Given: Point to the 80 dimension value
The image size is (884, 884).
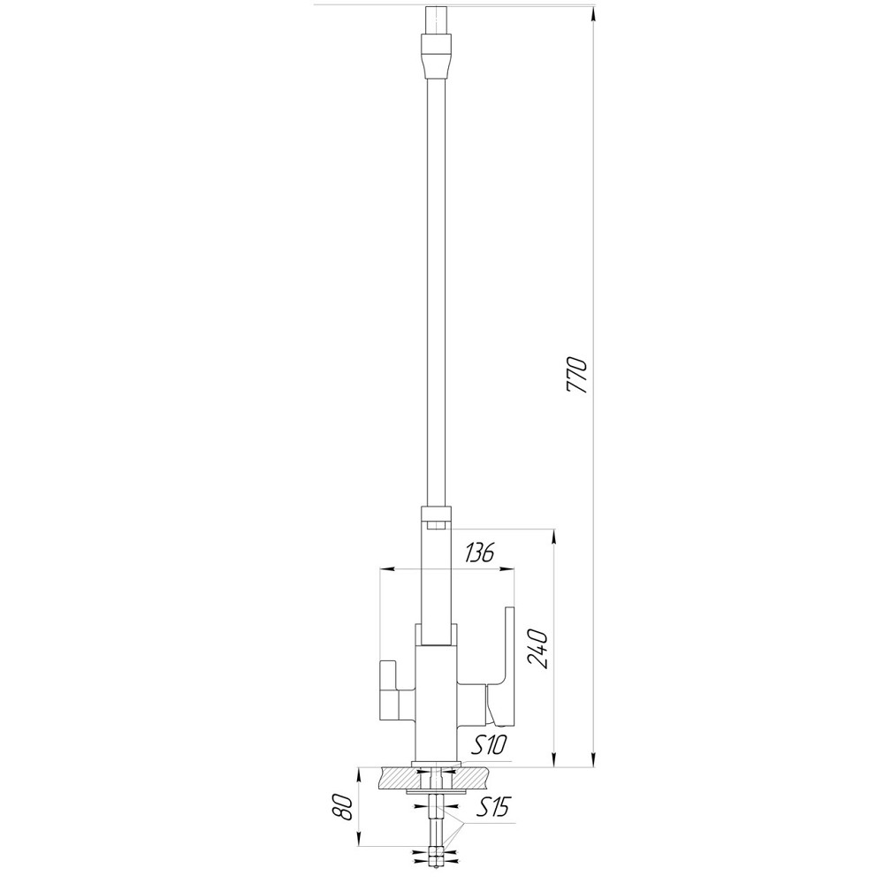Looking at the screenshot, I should point(344,808).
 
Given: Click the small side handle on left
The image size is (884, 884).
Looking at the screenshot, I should point(388,690).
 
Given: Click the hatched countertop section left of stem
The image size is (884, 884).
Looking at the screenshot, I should point(397,778).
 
